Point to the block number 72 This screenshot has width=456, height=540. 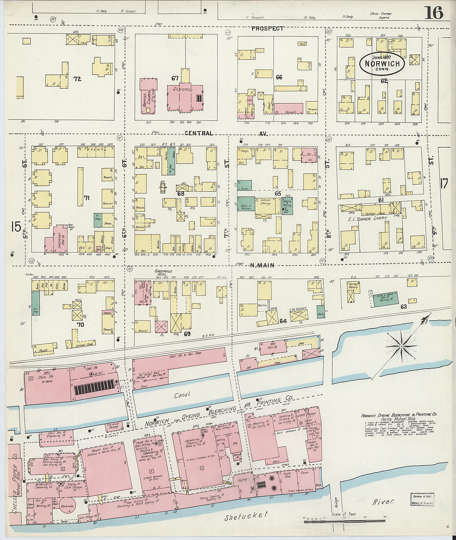point(77,79)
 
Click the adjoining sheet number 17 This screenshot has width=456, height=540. point(444,184)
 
